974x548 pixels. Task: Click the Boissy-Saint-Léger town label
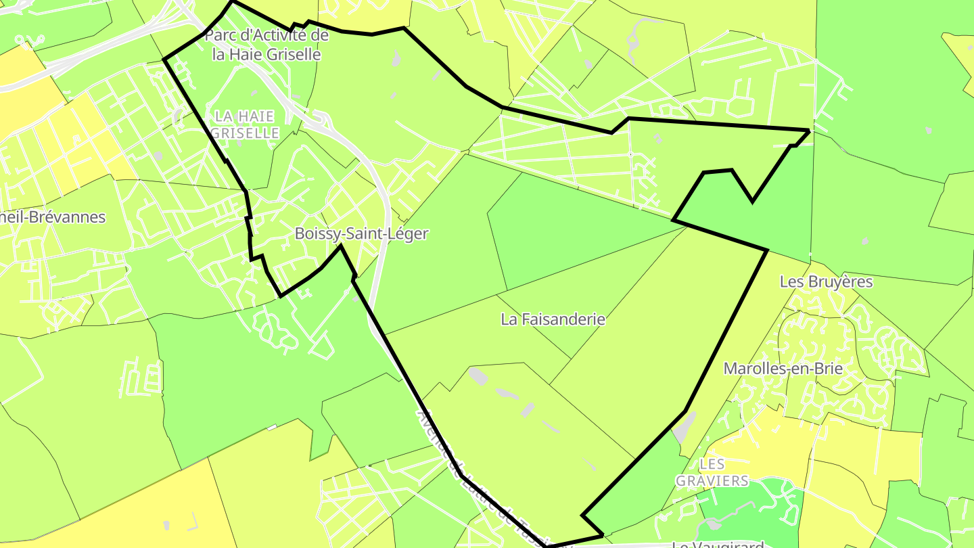pyautogui.click(x=361, y=234)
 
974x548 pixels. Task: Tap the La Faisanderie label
pyautogui.click(x=553, y=319)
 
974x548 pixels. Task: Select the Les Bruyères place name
pyautogui.click(x=826, y=281)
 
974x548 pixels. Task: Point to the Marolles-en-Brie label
pyautogui.click(x=783, y=369)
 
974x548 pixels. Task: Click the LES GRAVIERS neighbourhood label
pyautogui.click(x=712, y=472)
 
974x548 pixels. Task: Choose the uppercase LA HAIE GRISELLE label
pyautogui.click(x=245, y=125)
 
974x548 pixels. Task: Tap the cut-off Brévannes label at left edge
pyautogui.click(x=53, y=217)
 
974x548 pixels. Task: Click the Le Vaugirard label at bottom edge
pyautogui.click(x=718, y=545)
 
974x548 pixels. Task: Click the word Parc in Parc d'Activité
pyautogui.click(x=221, y=35)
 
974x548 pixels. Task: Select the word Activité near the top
pyautogui.click(x=283, y=35)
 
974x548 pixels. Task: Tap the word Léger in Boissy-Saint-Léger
pyautogui.click(x=408, y=234)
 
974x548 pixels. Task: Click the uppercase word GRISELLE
pyautogui.click(x=245, y=133)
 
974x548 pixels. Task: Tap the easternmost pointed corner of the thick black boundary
pyautogui.click(x=809, y=130)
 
